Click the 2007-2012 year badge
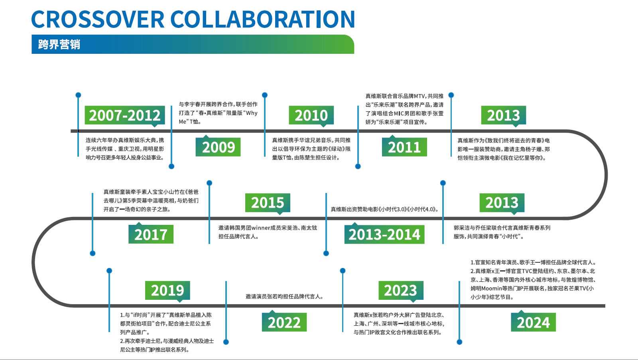(x=125, y=115)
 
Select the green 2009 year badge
(x=218, y=147)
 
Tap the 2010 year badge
(x=311, y=115)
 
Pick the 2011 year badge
(x=404, y=147)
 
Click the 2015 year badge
(x=268, y=203)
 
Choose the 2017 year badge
(x=151, y=234)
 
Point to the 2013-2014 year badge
(x=384, y=234)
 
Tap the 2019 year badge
(x=167, y=290)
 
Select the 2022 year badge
(x=284, y=322)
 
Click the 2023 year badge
(x=401, y=290)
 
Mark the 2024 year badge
(x=533, y=322)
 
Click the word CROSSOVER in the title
(x=98, y=19)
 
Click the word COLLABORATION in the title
(x=262, y=19)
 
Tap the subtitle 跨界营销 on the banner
(x=59, y=44)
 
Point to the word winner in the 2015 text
(x=261, y=228)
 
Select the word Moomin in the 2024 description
(x=491, y=288)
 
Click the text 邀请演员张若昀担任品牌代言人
(x=285, y=297)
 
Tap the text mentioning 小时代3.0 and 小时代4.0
(x=384, y=209)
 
